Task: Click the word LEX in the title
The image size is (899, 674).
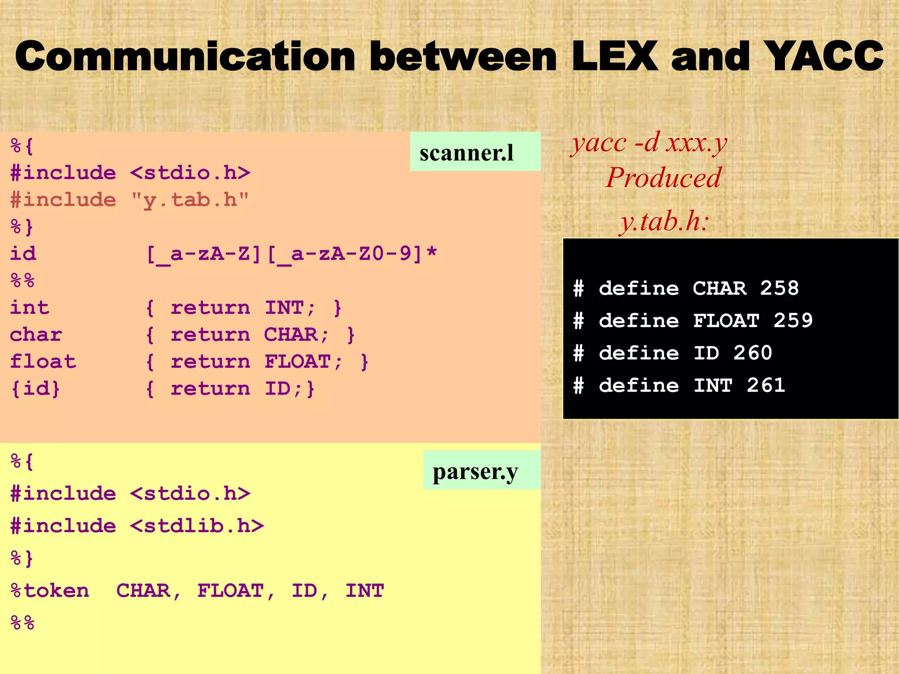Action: (x=615, y=56)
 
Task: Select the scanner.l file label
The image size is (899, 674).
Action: (x=467, y=153)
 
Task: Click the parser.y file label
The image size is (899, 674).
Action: (x=475, y=472)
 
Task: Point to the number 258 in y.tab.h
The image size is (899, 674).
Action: (x=779, y=288)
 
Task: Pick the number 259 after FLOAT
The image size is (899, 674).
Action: (x=793, y=321)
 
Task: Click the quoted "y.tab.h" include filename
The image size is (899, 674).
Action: (x=190, y=200)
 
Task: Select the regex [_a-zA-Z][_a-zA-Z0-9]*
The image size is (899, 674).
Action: (x=291, y=254)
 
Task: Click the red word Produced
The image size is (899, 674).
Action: (x=663, y=178)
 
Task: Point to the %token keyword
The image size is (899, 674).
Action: (x=50, y=591)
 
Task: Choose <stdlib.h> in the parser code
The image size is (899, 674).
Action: (x=197, y=526)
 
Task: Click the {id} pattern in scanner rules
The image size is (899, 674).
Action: (x=35, y=389)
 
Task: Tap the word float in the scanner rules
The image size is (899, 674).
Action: (x=43, y=362)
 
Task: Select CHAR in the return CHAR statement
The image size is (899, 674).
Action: (x=291, y=335)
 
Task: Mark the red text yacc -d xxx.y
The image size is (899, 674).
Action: (x=649, y=143)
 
